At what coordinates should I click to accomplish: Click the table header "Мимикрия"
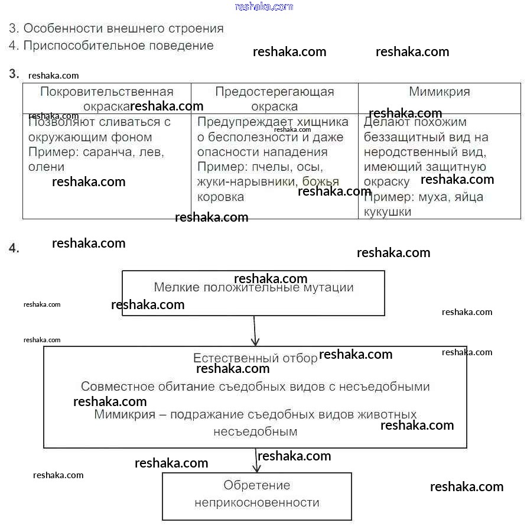click(439, 92)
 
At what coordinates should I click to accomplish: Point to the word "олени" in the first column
click(46, 167)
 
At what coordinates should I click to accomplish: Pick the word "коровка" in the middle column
click(220, 197)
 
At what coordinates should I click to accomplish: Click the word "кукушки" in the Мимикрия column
click(388, 212)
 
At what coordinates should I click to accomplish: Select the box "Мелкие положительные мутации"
click(253, 293)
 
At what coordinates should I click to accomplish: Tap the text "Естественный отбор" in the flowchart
click(247, 358)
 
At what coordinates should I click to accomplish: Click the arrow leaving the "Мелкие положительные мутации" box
click(255, 331)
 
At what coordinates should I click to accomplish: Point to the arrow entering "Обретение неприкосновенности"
click(256, 461)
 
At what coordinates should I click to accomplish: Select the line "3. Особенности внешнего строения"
click(116, 28)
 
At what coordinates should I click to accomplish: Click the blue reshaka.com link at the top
click(263, 7)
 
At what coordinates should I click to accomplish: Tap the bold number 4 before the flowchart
click(14, 249)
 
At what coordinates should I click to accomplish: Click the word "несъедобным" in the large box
click(255, 431)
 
